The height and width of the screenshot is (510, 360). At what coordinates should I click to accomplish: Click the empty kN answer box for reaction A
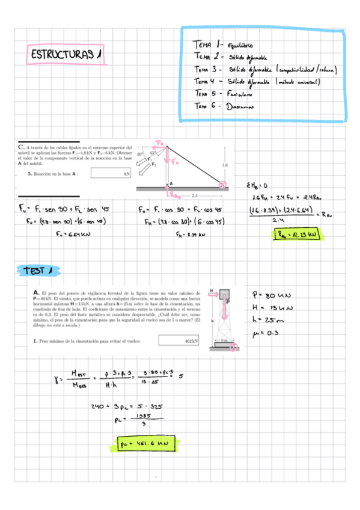tap(111, 173)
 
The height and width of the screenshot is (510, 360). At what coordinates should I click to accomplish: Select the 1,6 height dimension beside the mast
tap(225, 164)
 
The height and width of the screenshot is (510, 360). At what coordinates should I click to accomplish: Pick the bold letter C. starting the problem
tap(20, 147)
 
